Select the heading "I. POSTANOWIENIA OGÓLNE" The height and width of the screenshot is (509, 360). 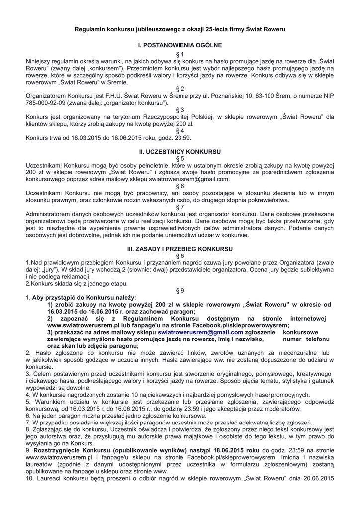180,45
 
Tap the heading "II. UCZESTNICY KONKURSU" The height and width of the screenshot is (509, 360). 180,150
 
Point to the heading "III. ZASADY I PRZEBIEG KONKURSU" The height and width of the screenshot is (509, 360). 180,248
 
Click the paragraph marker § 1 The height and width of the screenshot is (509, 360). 180,53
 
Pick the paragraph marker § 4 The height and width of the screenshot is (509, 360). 180,131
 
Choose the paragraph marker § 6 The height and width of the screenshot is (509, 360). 180,186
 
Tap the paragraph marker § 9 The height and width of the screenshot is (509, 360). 180,290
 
